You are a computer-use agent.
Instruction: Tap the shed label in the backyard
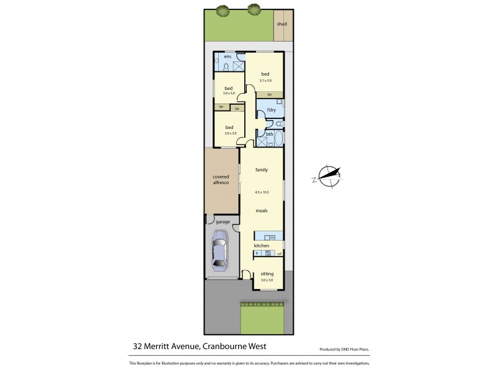pyautogui.click(x=281, y=24)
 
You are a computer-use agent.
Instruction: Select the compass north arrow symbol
pyautogui.click(x=329, y=175)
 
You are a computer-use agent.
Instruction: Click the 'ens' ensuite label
pyautogui.click(x=228, y=57)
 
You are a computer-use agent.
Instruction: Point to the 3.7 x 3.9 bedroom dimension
pyautogui.click(x=265, y=81)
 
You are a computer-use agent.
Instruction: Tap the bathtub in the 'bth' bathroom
pyautogui.click(x=278, y=138)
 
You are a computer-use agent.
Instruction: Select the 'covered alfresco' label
pyautogui.click(x=221, y=180)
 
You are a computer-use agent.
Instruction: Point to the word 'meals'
pyautogui.click(x=262, y=211)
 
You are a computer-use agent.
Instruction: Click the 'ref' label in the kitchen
pyautogui.click(x=280, y=253)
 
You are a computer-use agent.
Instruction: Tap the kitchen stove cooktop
pyautogui.click(x=268, y=253)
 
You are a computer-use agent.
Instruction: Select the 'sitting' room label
pyautogui.click(x=267, y=273)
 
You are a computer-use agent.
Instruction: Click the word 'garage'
pyautogui.click(x=223, y=221)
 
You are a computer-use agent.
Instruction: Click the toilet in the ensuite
pyautogui.click(x=227, y=67)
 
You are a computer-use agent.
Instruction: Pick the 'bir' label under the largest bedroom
pyautogui.click(x=270, y=94)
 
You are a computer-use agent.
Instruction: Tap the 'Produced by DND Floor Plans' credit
pyautogui.click(x=344, y=349)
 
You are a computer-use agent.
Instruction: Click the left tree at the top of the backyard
pyautogui.click(x=222, y=9)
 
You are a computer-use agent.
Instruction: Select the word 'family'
pyautogui.click(x=261, y=169)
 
